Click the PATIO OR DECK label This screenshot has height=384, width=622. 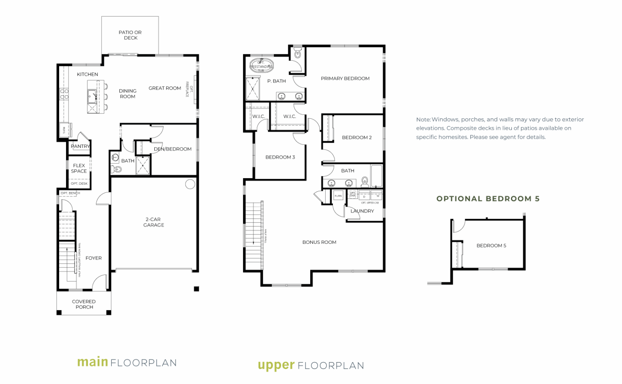click(x=130, y=35)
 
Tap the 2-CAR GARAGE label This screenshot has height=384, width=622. click(x=153, y=222)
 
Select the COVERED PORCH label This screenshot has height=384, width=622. click(x=84, y=304)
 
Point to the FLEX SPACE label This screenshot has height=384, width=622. click(x=79, y=168)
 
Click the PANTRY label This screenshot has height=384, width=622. click(x=80, y=146)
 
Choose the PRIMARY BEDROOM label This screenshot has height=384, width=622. click(x=345, y=79)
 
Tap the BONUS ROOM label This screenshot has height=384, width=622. click(x=319, y=242)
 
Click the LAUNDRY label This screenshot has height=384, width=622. click(x=362, y=211)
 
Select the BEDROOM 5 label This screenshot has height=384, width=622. click(x=491, y=245)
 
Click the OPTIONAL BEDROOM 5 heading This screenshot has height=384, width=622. click(x=488, y=198)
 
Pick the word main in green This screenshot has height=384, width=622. click(x=92, y=362)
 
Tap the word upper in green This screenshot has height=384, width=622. click(x=276, y=365)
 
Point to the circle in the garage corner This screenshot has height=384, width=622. click(x=190, y=184)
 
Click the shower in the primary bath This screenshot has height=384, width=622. click(x=253, y=88)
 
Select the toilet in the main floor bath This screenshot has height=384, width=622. click(x=117, y=169)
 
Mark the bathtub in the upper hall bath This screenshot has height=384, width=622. click(x=377, y=175)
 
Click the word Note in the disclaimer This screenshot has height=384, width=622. click(x=423, y=119)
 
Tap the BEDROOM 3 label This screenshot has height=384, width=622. click(x=280, y=157)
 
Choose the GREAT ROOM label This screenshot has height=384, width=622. click(x=164, y=88)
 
